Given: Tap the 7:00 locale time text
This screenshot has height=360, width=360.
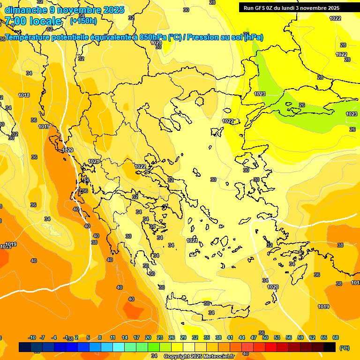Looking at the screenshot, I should click(x=33, y=21).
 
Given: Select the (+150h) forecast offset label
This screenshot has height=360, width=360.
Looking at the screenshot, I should click(x=83, y=21).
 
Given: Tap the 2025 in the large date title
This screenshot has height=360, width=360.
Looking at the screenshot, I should click(x=114, y=9).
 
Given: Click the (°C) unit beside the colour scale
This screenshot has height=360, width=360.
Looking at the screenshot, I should click(x=344, y=348).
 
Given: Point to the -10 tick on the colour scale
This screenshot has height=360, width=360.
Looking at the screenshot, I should click(x=32, y=337).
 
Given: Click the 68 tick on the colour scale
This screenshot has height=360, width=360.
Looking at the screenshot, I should click(x=336, y=337).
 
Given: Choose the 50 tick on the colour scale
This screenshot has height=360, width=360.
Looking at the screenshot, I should click(x=265, y=337).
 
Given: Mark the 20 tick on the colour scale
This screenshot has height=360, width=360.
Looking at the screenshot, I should click(x=148, y=337).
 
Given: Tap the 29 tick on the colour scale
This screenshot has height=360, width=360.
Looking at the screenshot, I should click(x=183, y=337).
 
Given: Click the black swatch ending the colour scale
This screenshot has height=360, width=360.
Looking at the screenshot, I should click(x=330, y=347).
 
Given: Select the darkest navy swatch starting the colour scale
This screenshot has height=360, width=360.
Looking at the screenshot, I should click(x=25, y=347).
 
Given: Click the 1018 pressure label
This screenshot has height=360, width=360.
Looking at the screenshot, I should click(x=24, y=95).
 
